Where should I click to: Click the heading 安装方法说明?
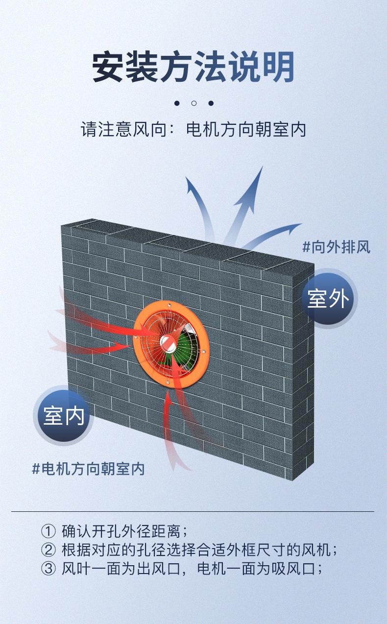click(x=193, y=67)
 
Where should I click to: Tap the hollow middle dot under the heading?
click(x=193, y=103)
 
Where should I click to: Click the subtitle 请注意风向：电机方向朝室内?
click(x=193, y=130)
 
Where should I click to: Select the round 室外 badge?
click(x=328, y=298)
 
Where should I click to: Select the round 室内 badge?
click(x=64, y=415)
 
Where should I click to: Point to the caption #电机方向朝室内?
click(x=89, y=469)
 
